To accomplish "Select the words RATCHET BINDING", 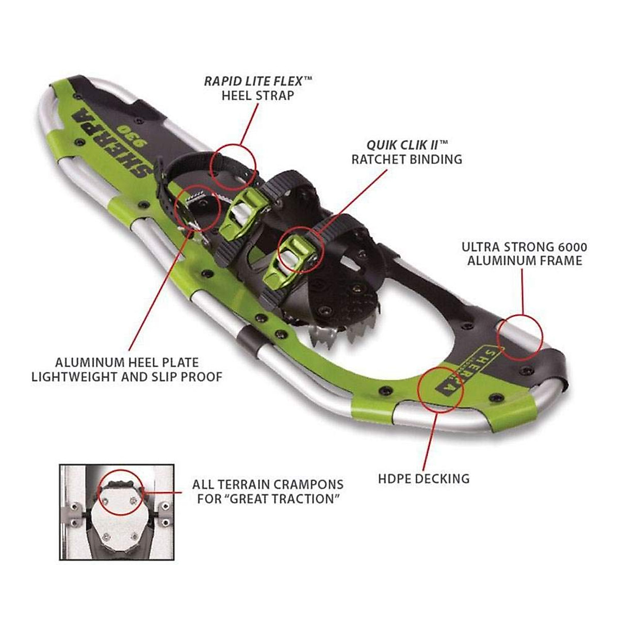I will coord(406,159).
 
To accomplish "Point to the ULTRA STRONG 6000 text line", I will coord(524,247).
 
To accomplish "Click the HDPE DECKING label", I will coord(423,478).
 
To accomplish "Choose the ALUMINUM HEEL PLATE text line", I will coord(127,362).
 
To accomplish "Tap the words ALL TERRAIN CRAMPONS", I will coord(267,485).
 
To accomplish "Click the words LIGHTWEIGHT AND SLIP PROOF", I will coord(127,377).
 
